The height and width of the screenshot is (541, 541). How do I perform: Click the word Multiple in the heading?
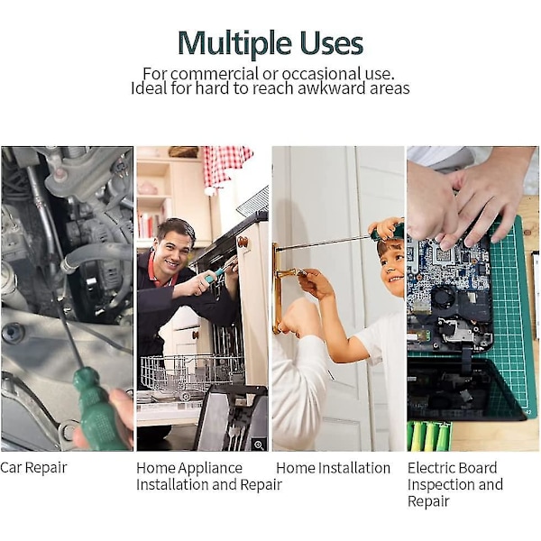click(235, 44)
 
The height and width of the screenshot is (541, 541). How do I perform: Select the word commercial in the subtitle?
click(214, 74)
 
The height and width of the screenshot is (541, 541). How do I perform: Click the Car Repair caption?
click(33, 468)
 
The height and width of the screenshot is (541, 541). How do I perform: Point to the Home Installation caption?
click(333, 468)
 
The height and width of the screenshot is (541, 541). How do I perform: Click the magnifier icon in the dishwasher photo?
click(259, 445)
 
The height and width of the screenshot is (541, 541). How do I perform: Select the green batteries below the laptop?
click(429, 436)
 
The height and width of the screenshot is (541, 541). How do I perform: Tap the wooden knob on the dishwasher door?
click(243, 242)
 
